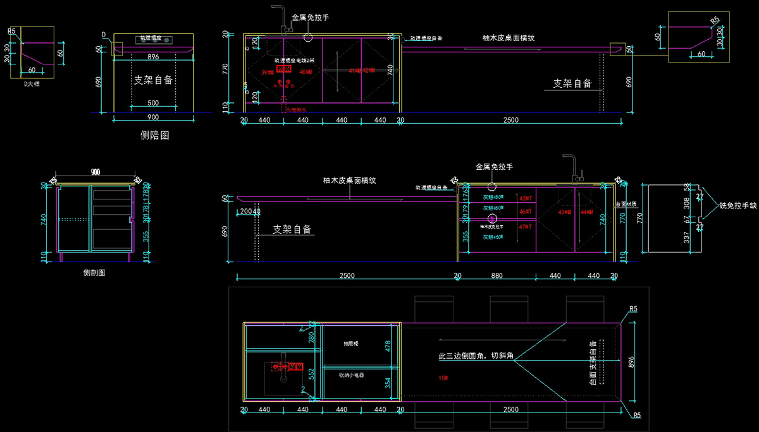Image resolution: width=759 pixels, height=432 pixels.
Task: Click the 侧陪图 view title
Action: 154,135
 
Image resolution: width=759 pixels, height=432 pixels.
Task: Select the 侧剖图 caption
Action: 94,273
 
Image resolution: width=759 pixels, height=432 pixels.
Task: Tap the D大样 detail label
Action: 32,83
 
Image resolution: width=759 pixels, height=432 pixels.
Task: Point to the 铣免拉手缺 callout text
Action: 738,206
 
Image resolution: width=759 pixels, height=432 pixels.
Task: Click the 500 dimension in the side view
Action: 154,103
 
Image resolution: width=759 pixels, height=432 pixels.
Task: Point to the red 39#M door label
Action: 268,73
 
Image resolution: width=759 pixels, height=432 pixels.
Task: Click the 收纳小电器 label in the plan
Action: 351,375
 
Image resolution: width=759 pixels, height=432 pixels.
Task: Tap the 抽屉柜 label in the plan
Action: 351,344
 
